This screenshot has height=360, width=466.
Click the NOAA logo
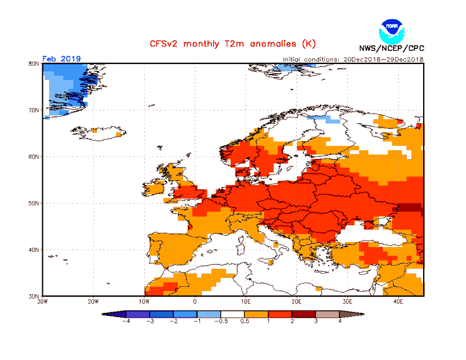(x=391, y=30)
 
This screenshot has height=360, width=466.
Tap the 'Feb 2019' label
(x=61, y=59)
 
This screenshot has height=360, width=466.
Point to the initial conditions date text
(x=353, y=59)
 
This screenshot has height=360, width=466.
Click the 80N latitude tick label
(x=34, y=63)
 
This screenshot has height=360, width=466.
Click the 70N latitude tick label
(x=34, y=110)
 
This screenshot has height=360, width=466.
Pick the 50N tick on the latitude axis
(x=34, y=203)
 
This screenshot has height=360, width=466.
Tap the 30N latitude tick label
(x=34, y=296)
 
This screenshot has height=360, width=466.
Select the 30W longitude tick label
(x=42, y=302)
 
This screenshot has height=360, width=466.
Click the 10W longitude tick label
(x=144, y=302)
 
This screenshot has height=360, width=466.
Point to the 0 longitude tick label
(x=195, y=302)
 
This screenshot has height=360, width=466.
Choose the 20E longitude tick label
(x=297, y=302)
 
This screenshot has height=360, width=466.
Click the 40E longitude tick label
(x=399, y=302)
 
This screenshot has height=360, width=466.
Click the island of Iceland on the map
(x=99, y=132)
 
